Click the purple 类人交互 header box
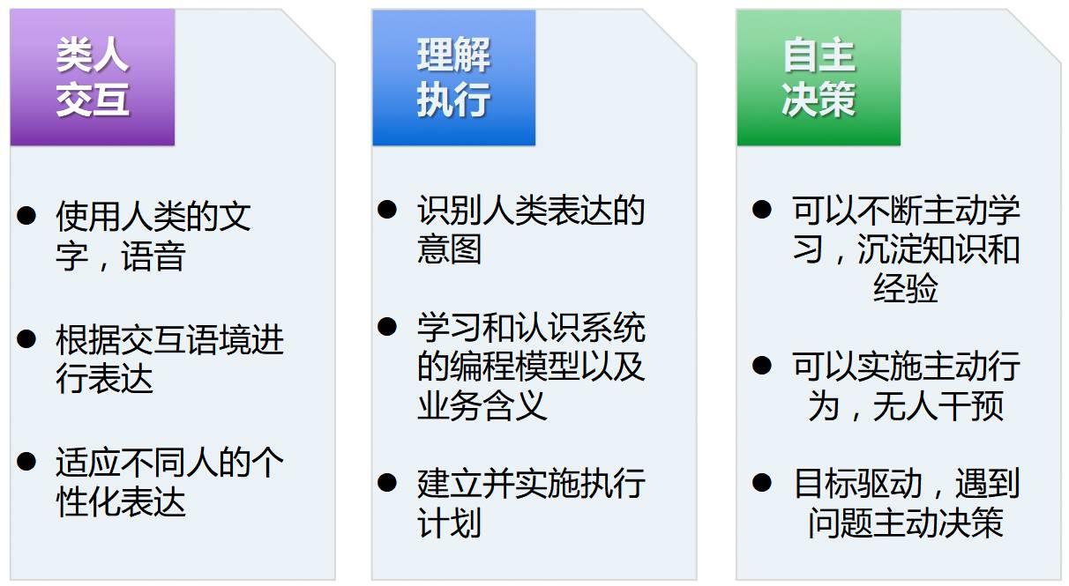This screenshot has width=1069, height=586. tap(93, 78)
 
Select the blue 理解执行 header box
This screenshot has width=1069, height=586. tap(453, 78)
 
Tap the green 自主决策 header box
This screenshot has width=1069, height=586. tap(819, 78)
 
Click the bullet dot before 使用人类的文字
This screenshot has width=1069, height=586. tap(27, 215)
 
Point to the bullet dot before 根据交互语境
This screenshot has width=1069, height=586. tap(27, 338)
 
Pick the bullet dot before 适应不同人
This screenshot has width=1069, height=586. tap(27, 461)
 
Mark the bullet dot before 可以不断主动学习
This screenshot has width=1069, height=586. tap(762, 209)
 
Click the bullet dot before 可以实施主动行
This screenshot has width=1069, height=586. tap(762, 364)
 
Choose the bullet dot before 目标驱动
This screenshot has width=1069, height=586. tap(762, 482)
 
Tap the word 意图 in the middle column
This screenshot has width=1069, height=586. tap(450, 249)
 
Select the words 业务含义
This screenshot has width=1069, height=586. tap(482, 405)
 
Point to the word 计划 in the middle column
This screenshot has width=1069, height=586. tap(450, 523)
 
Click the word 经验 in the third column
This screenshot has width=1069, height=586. tap(906, 288)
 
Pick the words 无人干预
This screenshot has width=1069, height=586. tap(938, 405)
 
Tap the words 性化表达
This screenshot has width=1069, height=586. tap(121, 502)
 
